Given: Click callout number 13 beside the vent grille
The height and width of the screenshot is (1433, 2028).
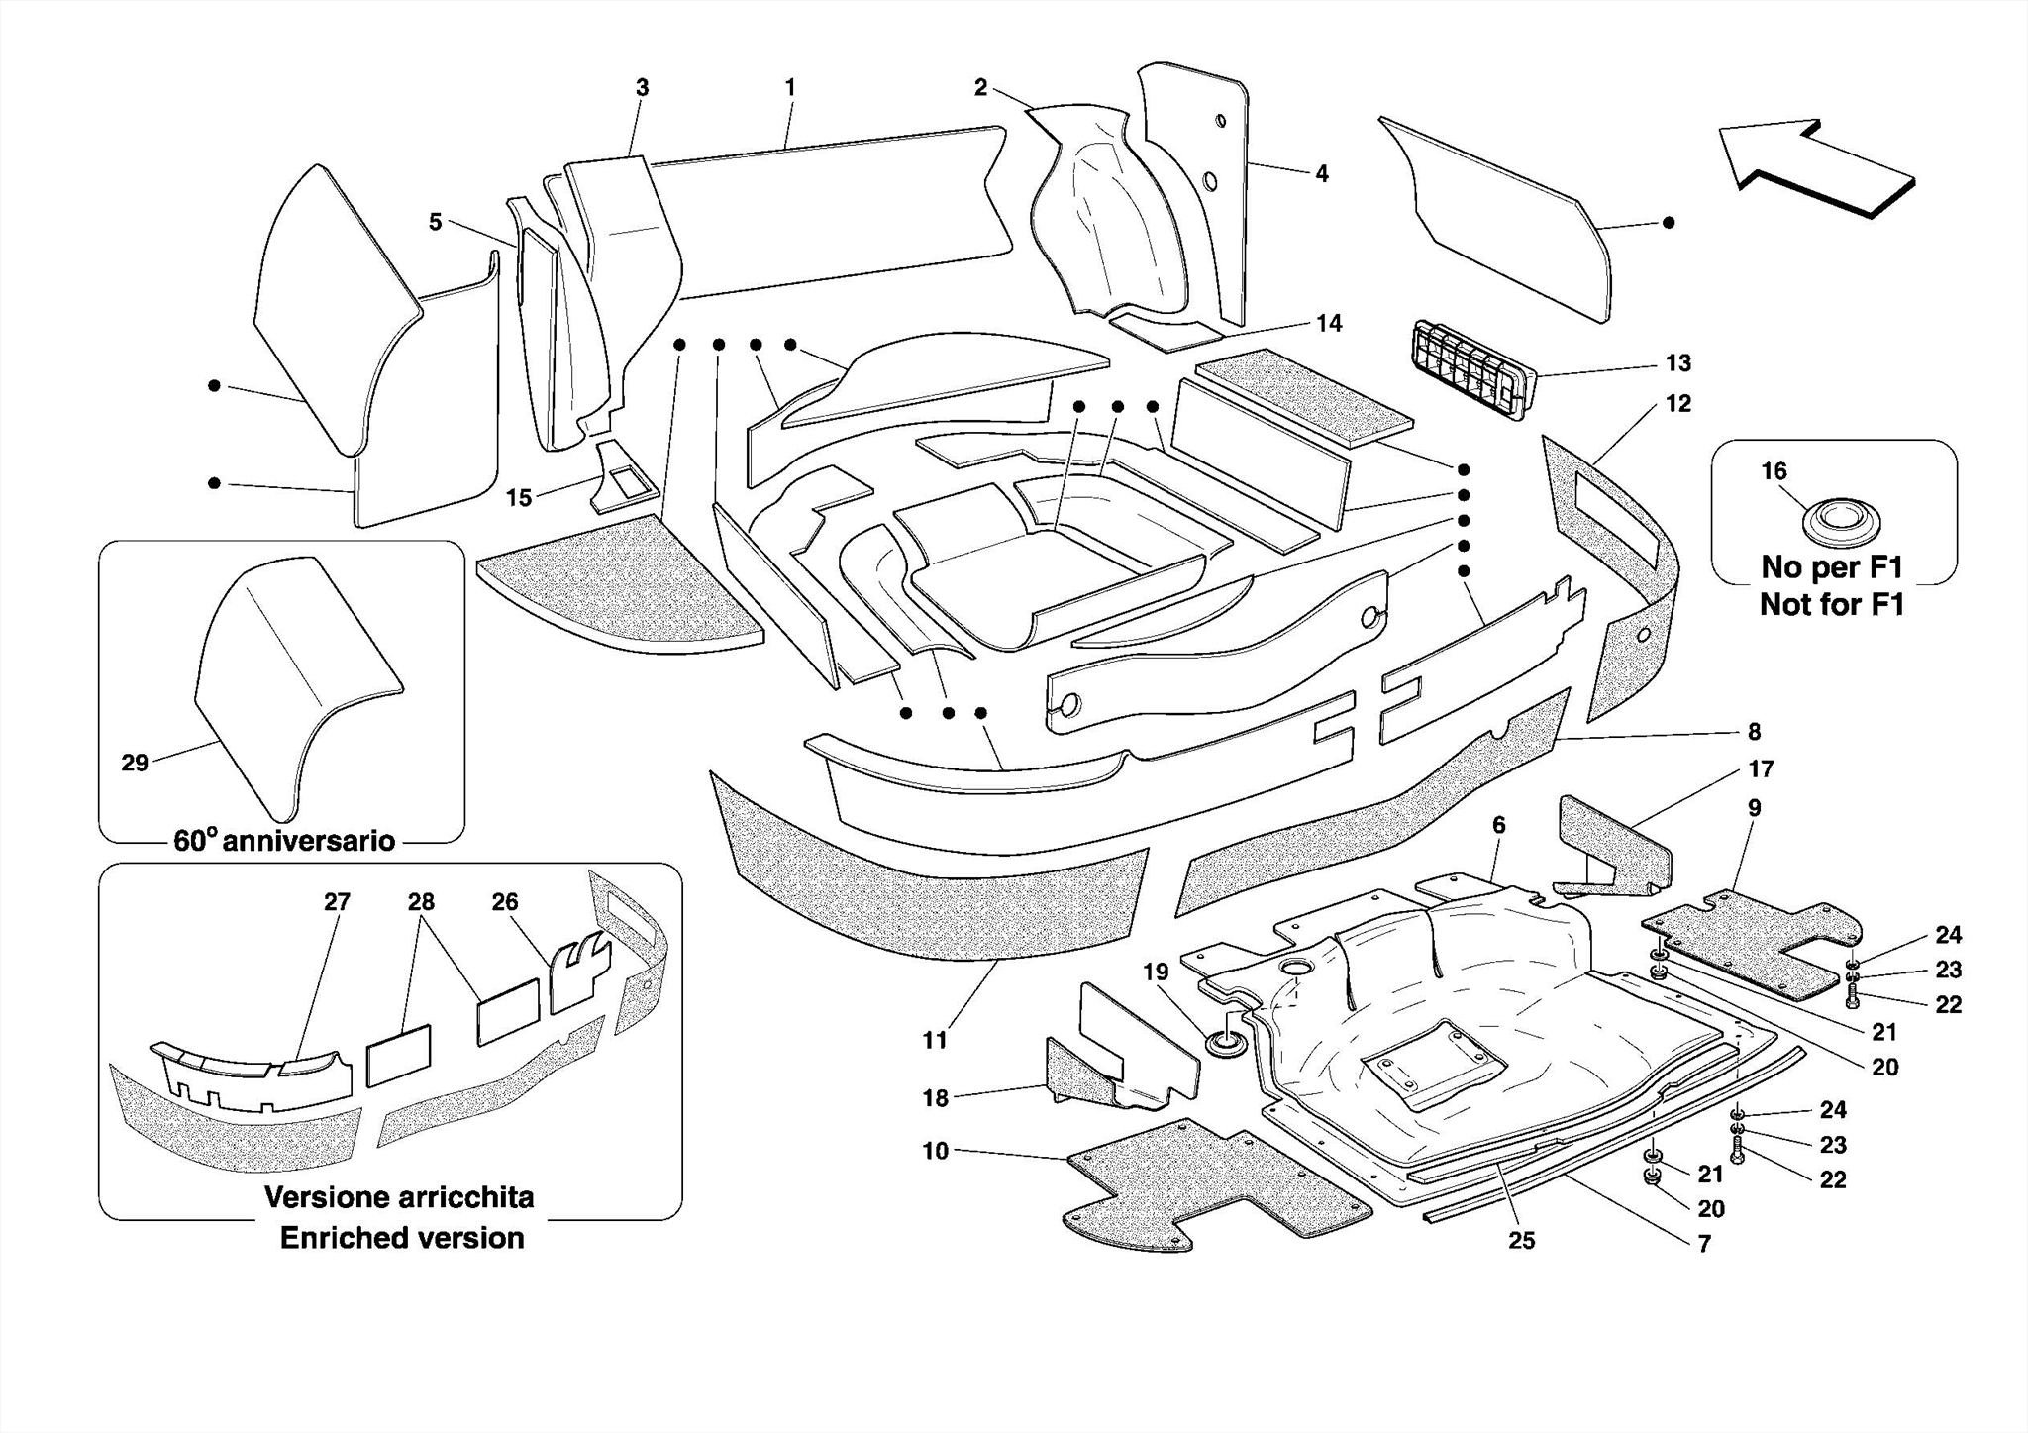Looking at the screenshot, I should coord(1677,363).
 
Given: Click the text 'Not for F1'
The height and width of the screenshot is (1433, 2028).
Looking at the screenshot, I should coord(1831,604).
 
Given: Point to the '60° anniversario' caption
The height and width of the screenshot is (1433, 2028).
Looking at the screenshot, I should coord(284,841).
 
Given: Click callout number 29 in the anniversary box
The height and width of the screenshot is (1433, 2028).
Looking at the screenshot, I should coord(135,763).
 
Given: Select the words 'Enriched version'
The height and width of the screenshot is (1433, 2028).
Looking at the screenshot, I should coord(401,1238).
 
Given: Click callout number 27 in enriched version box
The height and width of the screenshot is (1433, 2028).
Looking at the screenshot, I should coord(337,902).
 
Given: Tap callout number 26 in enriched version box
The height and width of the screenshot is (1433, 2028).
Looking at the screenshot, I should coord(504,902).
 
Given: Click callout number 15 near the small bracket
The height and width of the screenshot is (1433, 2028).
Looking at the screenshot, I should coord(519,498).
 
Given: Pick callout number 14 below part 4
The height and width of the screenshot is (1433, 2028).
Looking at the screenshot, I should coord(1329,323).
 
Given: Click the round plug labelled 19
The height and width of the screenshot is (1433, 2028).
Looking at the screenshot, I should coord(1226,1043).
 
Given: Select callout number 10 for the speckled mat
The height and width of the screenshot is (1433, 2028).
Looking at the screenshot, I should coord(935,1151).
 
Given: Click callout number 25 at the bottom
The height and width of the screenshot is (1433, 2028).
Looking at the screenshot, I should coord(1521,1240).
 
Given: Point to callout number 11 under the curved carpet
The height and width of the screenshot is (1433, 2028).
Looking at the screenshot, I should coord(935,1040).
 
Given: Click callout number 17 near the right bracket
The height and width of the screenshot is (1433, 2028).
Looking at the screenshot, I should coord(1761,768).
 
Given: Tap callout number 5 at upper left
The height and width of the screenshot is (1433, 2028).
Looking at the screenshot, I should coord(435,222).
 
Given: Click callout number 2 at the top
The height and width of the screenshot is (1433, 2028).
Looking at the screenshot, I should coord(980,88).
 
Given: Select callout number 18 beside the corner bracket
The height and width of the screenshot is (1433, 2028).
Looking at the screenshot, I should coord(935,1097).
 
